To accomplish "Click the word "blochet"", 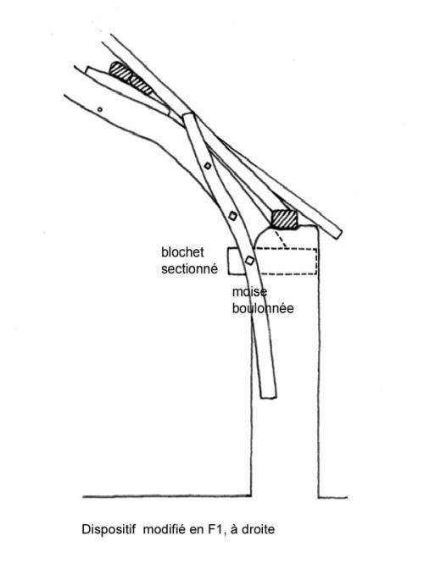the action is click(x=182, y=252).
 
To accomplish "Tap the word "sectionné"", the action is click(x=189, y=268).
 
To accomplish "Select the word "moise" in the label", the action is click(x=249, y=292).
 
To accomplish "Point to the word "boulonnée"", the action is click(x=263, y=308).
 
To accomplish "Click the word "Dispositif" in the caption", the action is click(x=109, y=529).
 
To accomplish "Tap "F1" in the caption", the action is click(x=217, y=530).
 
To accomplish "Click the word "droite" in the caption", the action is click(x=258, y=530).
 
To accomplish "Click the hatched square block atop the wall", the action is click(x=284, y=220).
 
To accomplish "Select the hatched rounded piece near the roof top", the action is click(x=131, y=78).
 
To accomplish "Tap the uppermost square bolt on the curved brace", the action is click(x=207, y=166).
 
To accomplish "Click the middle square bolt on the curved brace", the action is click(x=232, y=216).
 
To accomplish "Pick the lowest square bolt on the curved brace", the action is click(x=249, y=261).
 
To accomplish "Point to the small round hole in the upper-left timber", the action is click(x=100, y=109).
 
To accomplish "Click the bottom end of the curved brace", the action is click(x=269, y=397).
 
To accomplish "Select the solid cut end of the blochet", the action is click(x=228, y=262).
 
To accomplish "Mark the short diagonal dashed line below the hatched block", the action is click(x=281, y=238).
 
